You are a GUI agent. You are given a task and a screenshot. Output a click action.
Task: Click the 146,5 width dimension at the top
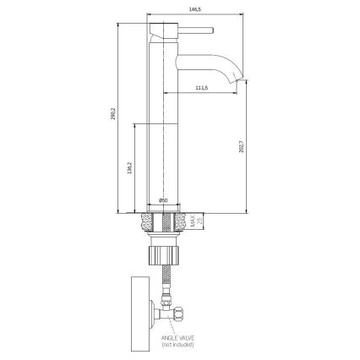(x=196, y=10)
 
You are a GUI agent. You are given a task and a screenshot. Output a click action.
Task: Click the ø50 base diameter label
(x=164, y=199)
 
